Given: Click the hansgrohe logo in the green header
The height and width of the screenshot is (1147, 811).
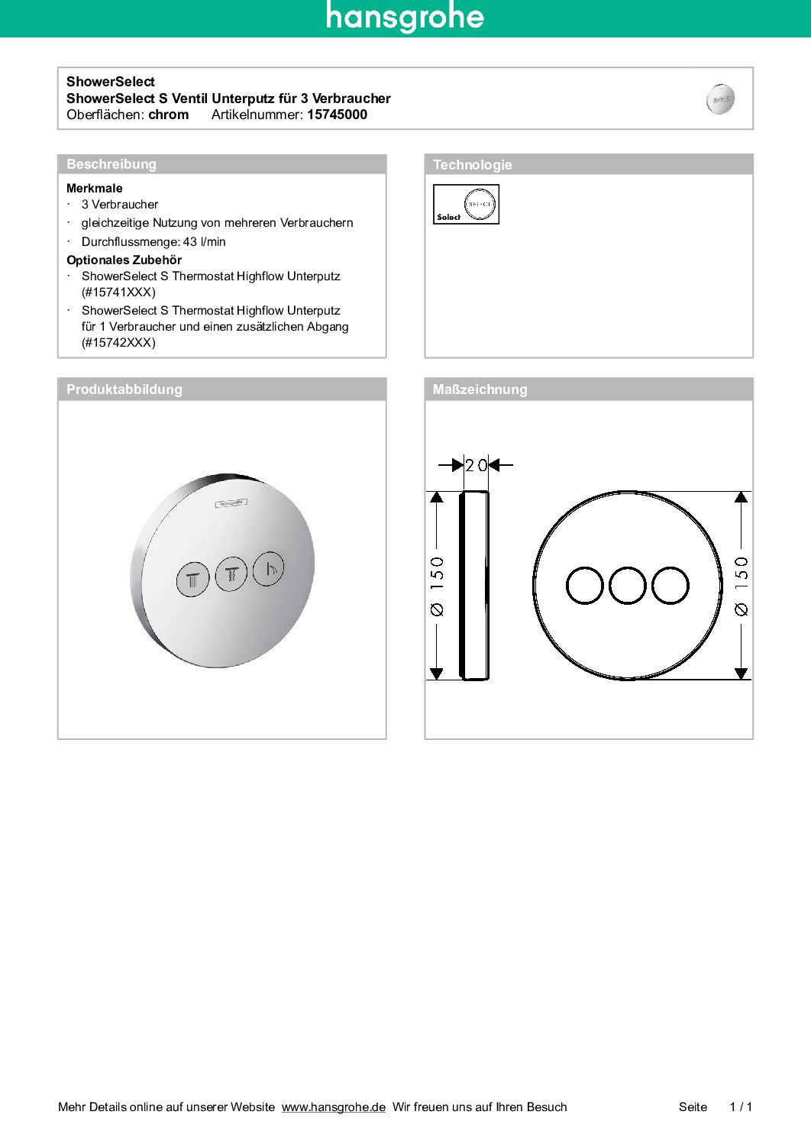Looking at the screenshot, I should coord(405,17).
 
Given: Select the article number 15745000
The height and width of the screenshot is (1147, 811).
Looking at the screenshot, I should coord(337,115).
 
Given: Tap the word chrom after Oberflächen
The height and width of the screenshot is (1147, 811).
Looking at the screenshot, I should coord(168,115).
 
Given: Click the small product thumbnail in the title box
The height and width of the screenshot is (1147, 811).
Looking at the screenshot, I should coord(720,99).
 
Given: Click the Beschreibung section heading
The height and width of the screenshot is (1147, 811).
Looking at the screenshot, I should coord(111,164).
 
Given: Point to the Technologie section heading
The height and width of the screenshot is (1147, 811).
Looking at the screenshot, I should coord(472,165).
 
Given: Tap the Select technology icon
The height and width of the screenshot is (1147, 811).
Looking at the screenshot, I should coord(466,205).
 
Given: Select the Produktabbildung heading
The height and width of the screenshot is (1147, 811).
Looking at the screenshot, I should coord(124,389).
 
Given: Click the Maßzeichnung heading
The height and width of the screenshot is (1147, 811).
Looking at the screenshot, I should coord(480,389).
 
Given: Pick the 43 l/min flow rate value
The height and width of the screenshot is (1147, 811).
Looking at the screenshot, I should coord(204,242).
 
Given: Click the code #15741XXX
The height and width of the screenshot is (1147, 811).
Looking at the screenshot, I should coord(118,292).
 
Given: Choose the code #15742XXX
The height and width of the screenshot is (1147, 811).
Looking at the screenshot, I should coord(118,343).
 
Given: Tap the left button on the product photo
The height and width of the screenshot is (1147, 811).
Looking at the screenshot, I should coord(192,579).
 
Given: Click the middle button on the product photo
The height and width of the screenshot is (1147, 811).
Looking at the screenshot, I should coord(231,573).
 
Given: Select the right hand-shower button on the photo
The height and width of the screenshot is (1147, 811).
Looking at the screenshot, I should coord(269,568).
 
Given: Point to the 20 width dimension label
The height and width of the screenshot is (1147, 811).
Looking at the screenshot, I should coord(476,465).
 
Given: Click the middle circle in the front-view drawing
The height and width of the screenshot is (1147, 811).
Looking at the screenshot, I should coord(628,586).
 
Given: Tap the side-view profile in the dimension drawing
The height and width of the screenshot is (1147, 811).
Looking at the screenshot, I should coord(473,586).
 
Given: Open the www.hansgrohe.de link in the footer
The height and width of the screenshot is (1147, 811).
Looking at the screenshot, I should coord(333,1107).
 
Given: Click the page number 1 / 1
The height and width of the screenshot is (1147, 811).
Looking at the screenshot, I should coord(740,1107).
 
